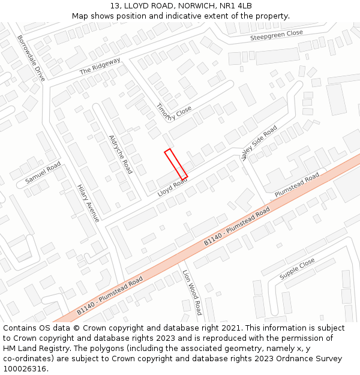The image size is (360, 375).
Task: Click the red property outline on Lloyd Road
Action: coord(176,164)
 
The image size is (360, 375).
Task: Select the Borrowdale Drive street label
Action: coord(31,58)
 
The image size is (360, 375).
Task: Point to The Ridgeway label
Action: coord(100,66)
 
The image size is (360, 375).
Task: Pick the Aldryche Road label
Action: coord(120,154)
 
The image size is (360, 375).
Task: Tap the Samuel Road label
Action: coord(43,173)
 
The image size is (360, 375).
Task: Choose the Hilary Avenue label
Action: coord(88,203)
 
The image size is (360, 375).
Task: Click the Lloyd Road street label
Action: coord(172,187)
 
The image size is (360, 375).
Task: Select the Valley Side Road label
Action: coord(259,143)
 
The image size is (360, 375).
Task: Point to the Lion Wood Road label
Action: coord(192,292)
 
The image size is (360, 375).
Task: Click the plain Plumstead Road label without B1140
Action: coord(297,185)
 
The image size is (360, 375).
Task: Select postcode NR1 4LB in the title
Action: coord(236,6)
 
